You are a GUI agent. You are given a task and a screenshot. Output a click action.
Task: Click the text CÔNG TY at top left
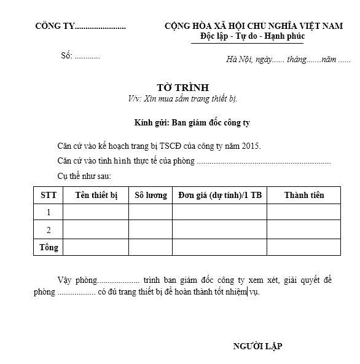[x=55, y=26]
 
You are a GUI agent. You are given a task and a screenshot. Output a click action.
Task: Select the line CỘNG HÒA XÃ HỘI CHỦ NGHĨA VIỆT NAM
[x=253, y=26]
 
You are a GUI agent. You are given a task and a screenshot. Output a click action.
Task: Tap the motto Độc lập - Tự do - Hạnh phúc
[x=252, y=36]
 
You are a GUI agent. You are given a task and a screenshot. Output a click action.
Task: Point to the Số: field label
[x=66, y=55]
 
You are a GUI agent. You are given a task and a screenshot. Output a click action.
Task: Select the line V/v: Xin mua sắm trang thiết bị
[x=182, y=98]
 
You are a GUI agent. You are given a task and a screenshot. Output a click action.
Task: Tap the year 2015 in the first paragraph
[x=249, y=146]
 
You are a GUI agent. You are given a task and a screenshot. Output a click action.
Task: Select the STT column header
[x=49, y=196]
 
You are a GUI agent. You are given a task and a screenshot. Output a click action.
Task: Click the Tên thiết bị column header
[x=96, y=196]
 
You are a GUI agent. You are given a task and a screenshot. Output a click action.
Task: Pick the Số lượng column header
[x=151, y=196]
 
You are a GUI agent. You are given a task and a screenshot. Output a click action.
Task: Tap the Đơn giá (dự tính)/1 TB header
[x=219, y=196]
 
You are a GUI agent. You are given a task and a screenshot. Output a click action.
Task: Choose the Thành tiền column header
[x=303, y=196]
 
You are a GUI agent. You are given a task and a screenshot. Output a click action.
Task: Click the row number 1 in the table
[x=49, y=213]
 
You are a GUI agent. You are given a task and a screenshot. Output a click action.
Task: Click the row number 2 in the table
[x=49, y=230]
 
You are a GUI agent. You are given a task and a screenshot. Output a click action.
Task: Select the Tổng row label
[x=49, y=247]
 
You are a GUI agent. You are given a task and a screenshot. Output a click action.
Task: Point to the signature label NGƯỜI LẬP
[x=257, y=347]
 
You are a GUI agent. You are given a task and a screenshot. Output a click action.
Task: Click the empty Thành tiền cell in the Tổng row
[x=303, y=247]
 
